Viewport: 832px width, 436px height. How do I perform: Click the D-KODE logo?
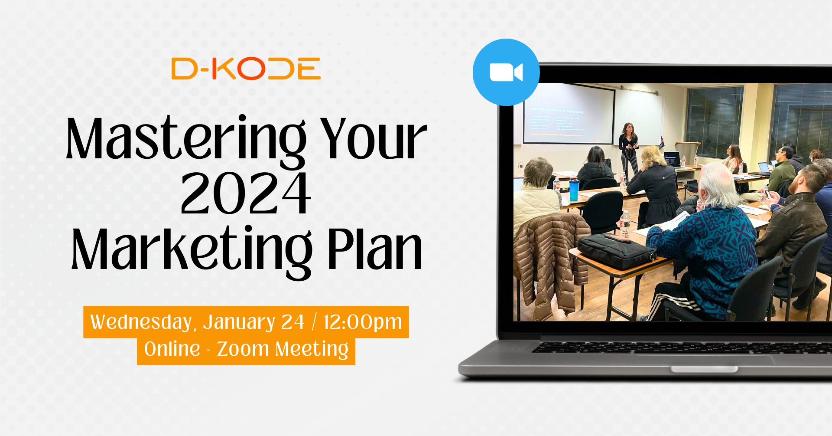pos(246,69)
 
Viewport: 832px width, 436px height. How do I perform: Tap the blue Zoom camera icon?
pos(506,72)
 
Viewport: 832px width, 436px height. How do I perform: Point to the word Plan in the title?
pos(374,249)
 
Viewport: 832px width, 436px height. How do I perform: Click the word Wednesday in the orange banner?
pos(141,322)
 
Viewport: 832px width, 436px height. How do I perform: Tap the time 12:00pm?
pos(363,322)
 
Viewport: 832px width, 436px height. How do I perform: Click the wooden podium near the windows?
pos(689,150)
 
